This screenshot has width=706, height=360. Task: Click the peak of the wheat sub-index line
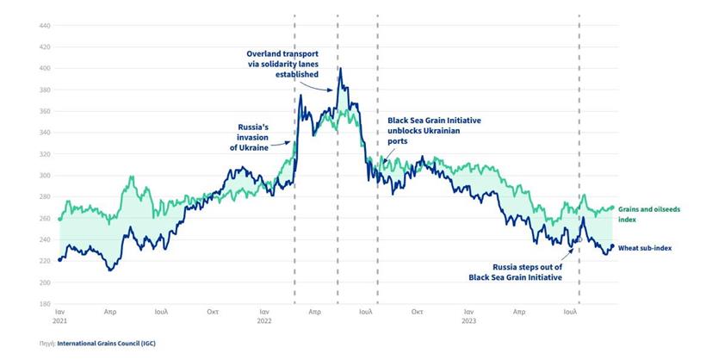coord(341,69)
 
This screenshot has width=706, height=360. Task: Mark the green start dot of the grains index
coord(59,220)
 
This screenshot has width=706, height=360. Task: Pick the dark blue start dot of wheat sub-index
coord(59,259)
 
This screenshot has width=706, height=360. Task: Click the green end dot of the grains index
coord(612,208)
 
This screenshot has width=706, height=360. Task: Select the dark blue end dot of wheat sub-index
coord(612,247)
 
